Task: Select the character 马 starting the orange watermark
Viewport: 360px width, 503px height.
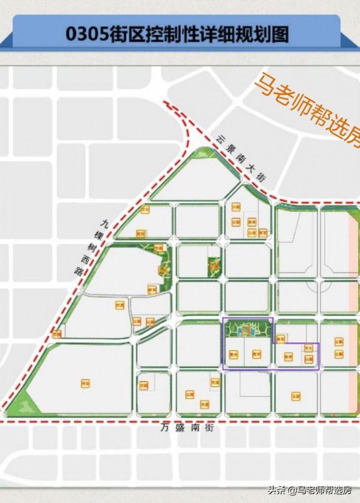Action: point(265,84)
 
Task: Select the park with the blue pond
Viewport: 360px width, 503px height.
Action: point(247,329)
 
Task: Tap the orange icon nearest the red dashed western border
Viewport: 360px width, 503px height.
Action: point(57,334)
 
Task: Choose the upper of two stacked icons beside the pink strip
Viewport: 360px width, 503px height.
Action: point(340,342)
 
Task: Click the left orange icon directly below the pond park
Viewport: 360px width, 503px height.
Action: point(235,354)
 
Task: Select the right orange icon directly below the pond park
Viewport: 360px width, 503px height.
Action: point(257,354)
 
